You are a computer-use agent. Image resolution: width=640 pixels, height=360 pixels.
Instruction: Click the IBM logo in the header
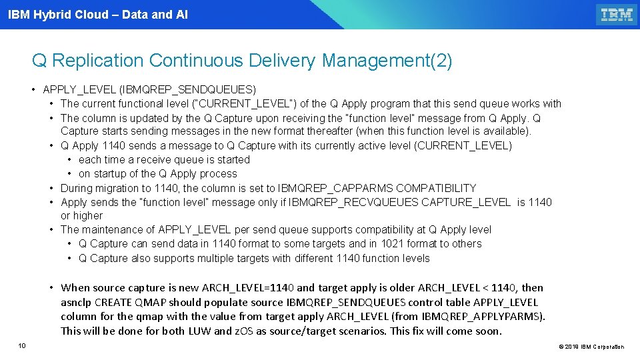[617, 15]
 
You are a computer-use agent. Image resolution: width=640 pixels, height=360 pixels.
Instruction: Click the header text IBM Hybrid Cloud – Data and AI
[98, 14]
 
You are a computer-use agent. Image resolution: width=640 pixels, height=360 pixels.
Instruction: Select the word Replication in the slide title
[97, 61]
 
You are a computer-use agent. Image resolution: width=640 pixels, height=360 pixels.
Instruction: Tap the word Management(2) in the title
[387, 61]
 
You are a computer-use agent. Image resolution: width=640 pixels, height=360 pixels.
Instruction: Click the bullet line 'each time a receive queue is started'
[164, 159]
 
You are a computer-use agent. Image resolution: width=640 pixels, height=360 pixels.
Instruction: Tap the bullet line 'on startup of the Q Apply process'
[157, 173]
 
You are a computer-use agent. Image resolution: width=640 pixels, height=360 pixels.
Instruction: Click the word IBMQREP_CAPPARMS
[325, 188]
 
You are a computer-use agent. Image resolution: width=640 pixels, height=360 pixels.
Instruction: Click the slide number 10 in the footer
[22, 345]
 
